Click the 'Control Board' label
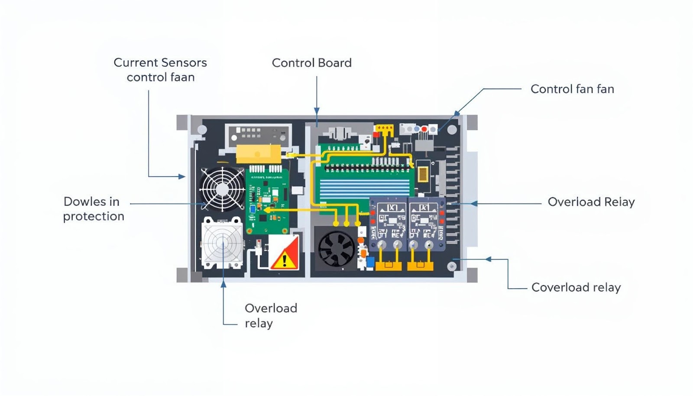click(x=311, y=63)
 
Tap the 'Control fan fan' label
click(x=572, y=89)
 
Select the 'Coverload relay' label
click(x=576, y=287)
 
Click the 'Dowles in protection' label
click(x=93, y=209)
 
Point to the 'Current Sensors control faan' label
click(x=160, y=70)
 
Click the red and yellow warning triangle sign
click(x=284, y=253)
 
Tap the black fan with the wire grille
click(x=222, y=189)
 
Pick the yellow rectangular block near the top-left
click(x=258, y=153)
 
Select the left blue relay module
click(x=389, y=224)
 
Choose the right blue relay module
click(x=426, y=224)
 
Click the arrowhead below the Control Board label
click(x=317, y=111)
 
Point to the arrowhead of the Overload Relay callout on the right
click(x=474, y=203)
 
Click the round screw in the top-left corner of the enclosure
click(x=202, y=129)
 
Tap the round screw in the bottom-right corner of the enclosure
click(x=453, y=266)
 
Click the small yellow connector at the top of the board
click(x=384, y=128)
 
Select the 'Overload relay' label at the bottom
click(x=270, y=315)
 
